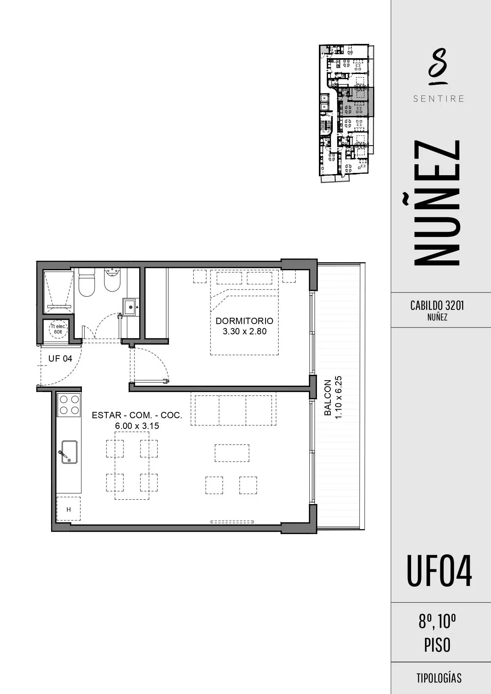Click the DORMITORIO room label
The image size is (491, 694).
click(x=245, y=321)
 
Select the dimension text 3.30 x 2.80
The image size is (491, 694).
click(x=245, y=332)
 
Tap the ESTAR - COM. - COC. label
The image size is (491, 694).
click(x=137, y=415)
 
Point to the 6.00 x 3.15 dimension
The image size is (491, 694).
click(x=137, y=426)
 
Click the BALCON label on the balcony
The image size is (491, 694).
click(x=328, y=398)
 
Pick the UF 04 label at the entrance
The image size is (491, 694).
click(x=60, y=358)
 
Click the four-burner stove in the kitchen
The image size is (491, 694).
click(x=69, y=405)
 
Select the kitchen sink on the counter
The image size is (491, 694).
click(x=69, y=452)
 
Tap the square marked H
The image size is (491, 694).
click(x=68, y=509)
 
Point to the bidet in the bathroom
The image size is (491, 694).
click(x=112, y=280)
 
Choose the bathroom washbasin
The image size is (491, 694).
click(x=130, y=307)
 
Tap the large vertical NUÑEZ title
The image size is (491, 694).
click(x=437, y=203)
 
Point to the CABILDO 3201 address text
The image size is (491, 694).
click(x=437, y=305)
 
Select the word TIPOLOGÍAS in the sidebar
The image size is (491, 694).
click(x=439, y=678)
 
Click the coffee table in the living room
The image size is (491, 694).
click(x=232, y=453)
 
